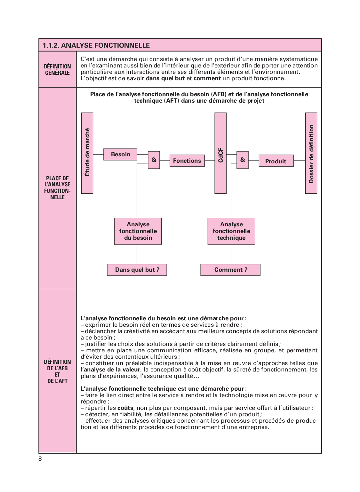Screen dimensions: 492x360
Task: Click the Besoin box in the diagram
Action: (120, 154)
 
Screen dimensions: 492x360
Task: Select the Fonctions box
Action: (187, 161)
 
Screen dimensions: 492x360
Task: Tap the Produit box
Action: (276, 161)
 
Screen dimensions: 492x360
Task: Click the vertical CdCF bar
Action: (220, 153)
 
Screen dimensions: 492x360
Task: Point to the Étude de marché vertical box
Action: (87, 153)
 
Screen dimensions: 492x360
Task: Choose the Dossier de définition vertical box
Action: (311, 153)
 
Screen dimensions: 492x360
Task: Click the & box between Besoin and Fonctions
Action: (154, 160)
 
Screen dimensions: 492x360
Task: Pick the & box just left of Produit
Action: (243, 160)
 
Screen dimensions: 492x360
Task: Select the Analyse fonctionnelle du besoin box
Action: (138, 231)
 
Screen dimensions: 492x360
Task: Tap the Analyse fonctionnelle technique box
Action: (231, 231)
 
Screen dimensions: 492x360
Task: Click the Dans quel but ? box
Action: (137, 270)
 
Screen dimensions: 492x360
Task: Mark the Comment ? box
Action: (230, 270)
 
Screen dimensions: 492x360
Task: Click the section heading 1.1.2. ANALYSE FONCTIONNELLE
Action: (96, 45)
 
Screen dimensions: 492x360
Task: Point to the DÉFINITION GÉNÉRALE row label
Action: (58, 70)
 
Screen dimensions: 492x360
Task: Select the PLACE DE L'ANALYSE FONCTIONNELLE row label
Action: (58, 188)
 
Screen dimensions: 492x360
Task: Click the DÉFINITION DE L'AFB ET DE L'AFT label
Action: (58, 371)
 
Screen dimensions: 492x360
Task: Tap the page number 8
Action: (40, 459)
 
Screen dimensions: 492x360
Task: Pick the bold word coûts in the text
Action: (125, 408)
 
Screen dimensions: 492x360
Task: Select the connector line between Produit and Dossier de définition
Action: (300, 160)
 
